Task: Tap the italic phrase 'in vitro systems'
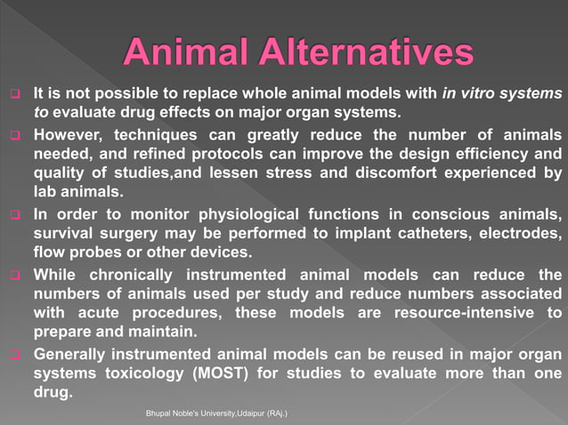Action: [501, 93]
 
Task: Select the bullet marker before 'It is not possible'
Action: [15, 94]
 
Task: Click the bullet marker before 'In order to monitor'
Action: [15, 216]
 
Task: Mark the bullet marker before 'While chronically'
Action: [15, 275]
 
